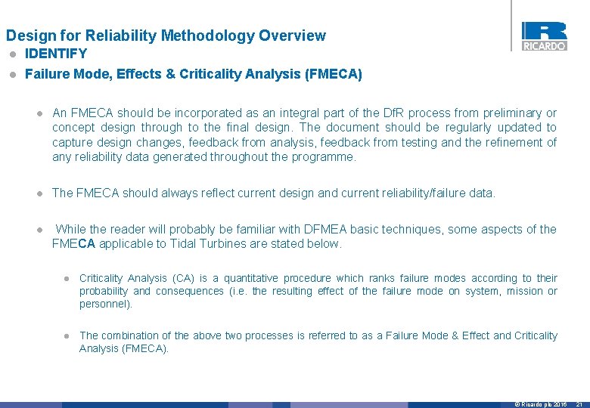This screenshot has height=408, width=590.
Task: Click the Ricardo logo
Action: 543,36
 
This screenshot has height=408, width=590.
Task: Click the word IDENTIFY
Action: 56,54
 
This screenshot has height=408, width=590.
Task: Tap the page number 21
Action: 579,404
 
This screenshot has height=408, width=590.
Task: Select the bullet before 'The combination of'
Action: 67,336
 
